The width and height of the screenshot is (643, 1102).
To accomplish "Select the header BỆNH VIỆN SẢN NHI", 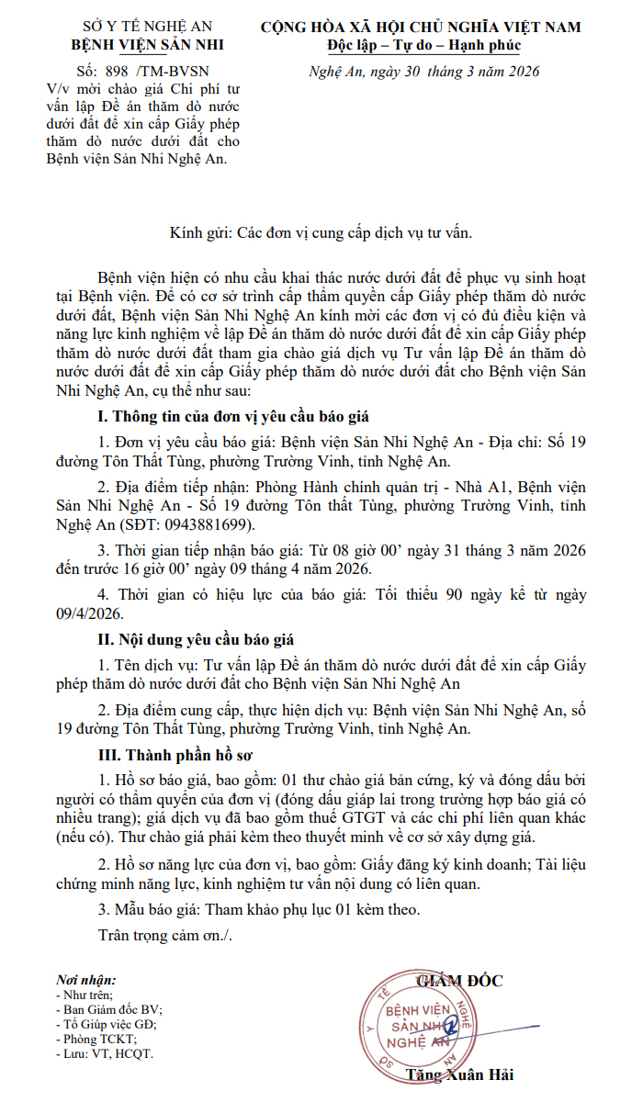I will pos(147,45).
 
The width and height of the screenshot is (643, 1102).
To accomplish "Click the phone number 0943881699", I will pos(194,525).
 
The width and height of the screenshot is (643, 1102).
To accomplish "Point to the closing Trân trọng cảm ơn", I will pos(165,936).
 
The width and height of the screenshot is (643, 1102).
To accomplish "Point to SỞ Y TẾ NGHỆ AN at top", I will pos(147,28).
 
